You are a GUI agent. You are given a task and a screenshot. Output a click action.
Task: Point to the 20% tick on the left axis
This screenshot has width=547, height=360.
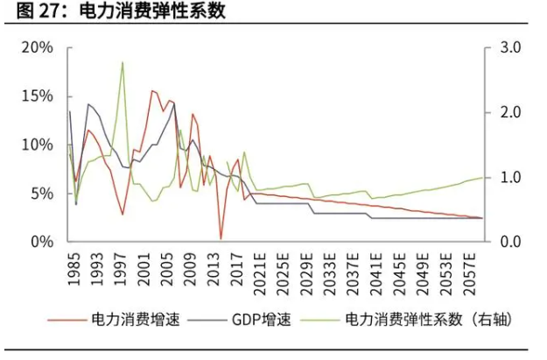38,46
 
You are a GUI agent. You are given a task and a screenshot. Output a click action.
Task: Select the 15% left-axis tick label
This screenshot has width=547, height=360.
38,95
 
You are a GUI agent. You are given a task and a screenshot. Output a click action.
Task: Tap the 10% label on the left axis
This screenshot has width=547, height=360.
38,145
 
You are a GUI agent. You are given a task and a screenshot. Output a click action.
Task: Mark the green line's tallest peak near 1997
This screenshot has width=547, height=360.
123,62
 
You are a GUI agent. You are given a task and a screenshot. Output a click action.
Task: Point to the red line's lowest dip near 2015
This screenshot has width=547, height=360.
221,238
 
